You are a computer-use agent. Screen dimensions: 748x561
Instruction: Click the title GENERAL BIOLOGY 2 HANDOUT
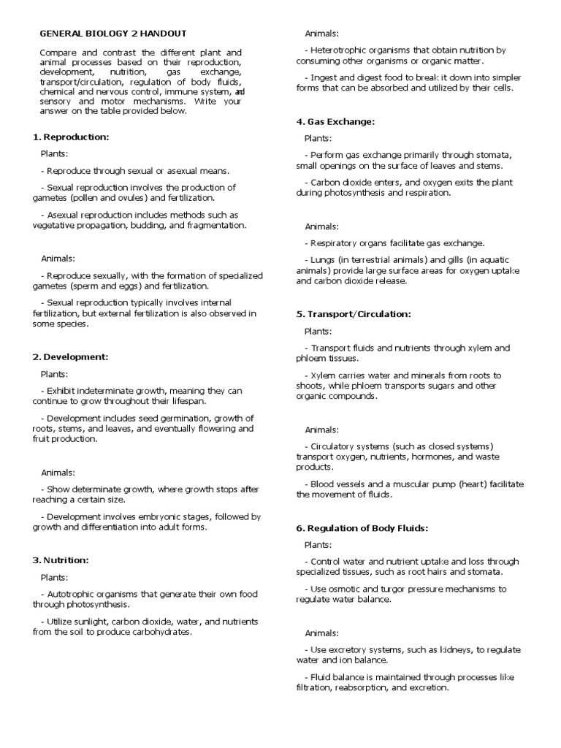tap(112, 34)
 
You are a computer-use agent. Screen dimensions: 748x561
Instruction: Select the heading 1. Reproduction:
tap(71, 137)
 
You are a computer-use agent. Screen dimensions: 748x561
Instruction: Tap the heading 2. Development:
tap(70, 356)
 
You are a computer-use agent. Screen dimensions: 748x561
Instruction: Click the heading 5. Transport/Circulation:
tap(354, 314)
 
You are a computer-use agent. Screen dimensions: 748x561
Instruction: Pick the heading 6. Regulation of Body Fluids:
tap(362, 527)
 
